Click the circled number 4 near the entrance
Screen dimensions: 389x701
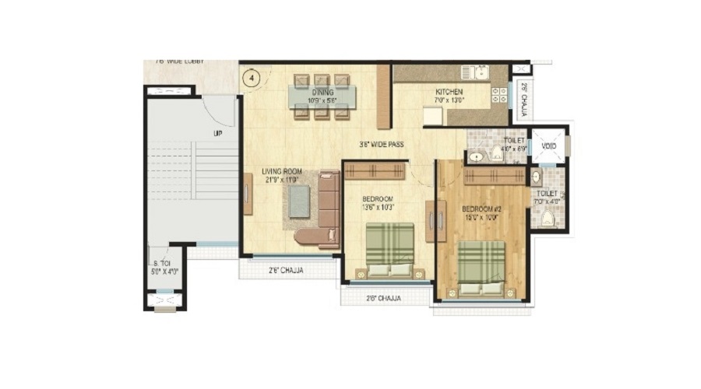click(x=250, y=77)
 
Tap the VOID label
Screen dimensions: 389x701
click(x=548, y=145)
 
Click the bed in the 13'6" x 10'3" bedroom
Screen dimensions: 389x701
click(x=389, y=249)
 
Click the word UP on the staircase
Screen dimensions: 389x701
click(x=218, y=133)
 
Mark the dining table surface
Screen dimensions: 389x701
click(x=322, y=96)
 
